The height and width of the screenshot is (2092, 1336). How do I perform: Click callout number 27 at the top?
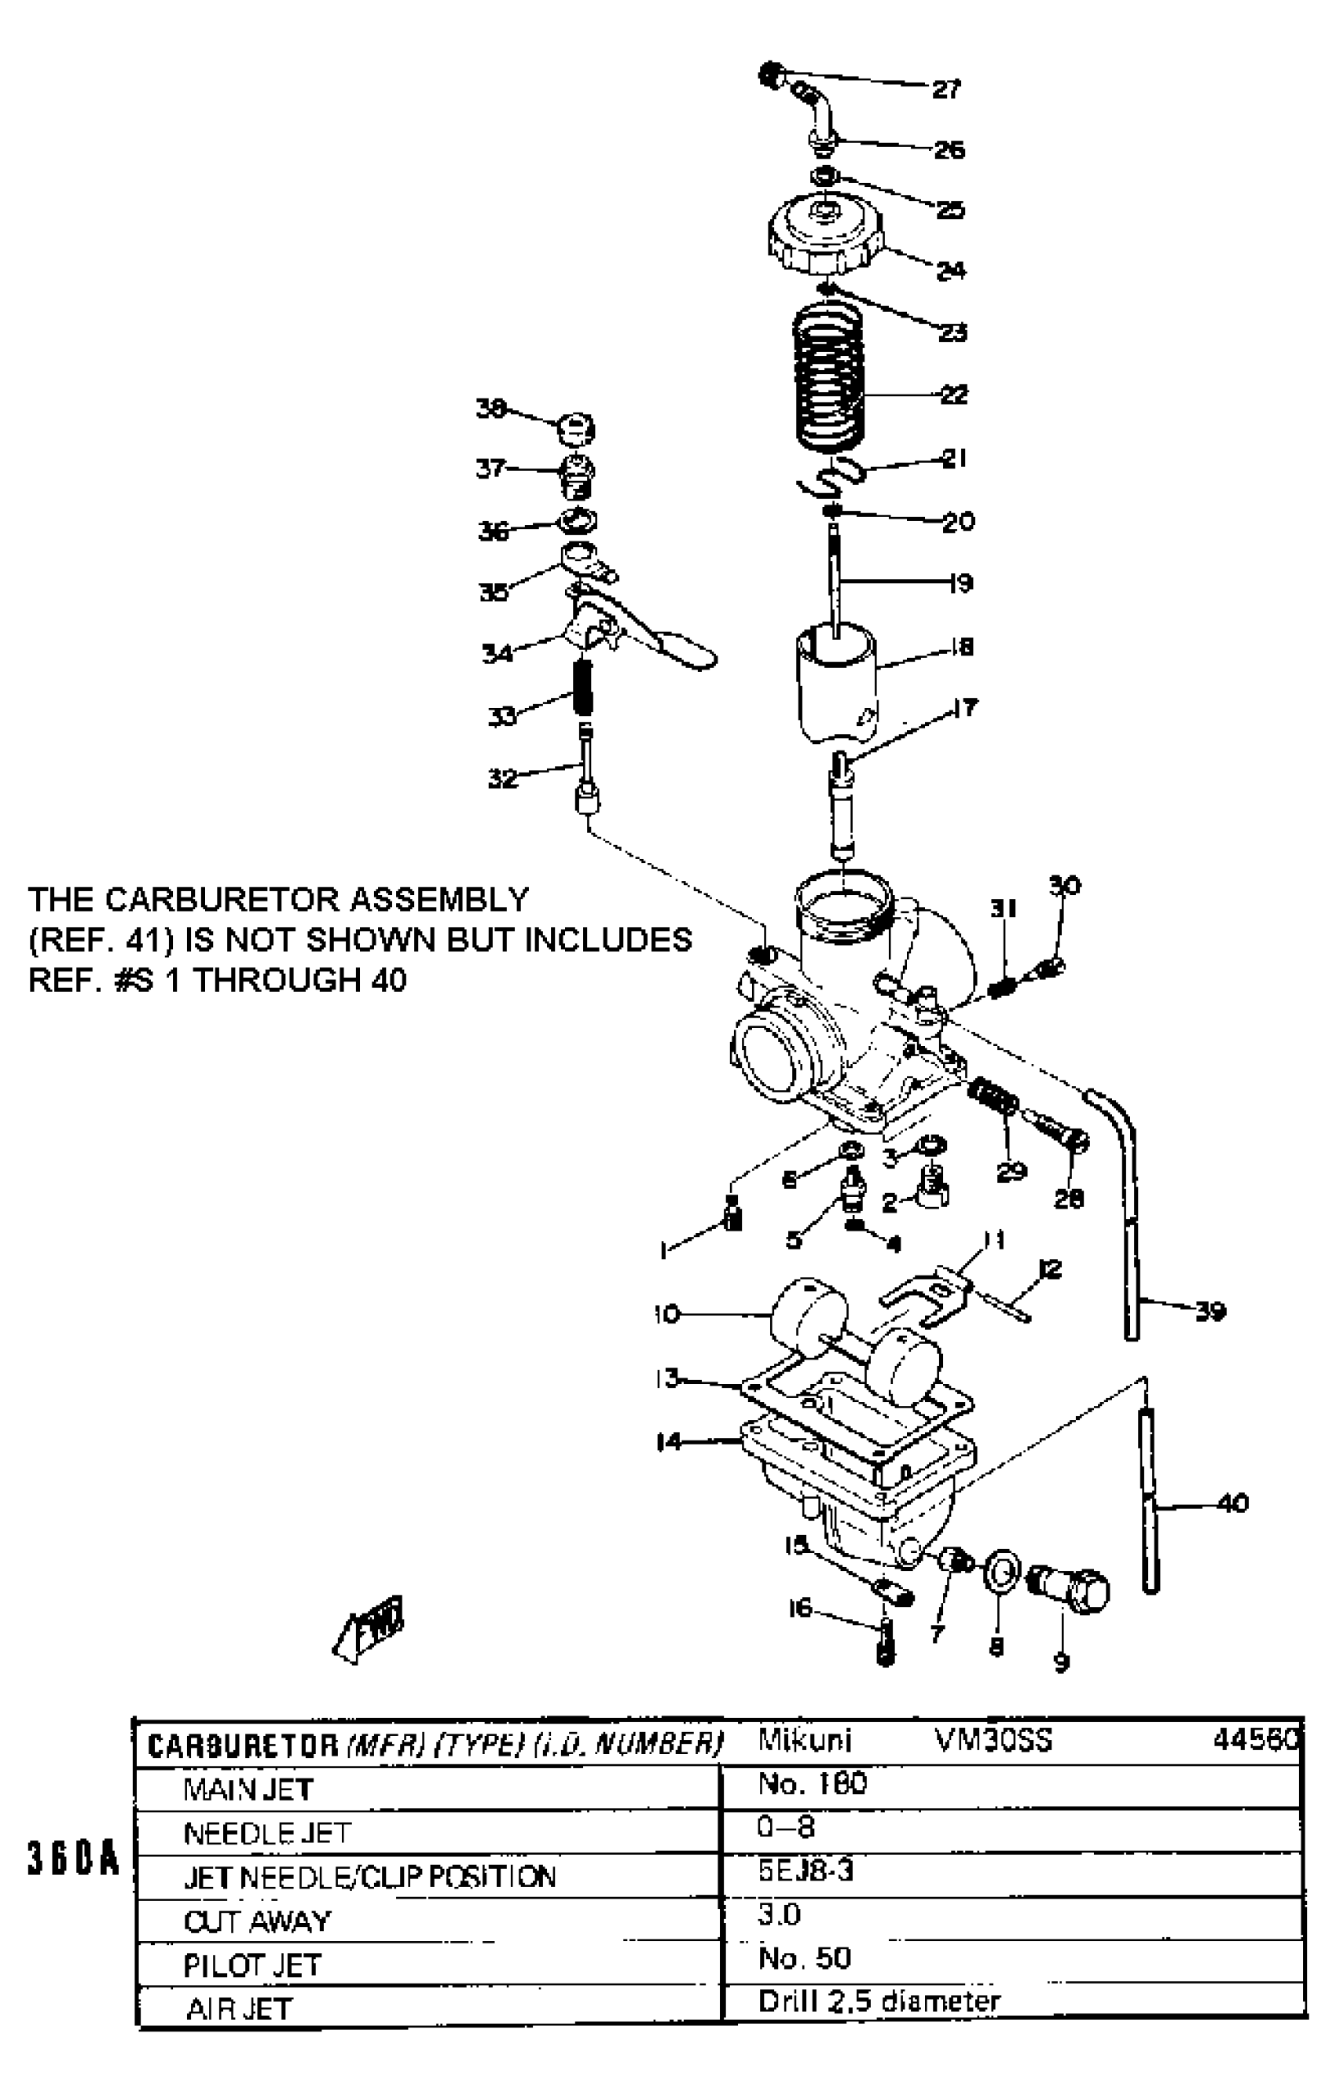tap(947, 89)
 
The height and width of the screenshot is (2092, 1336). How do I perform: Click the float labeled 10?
tap(808, 1312)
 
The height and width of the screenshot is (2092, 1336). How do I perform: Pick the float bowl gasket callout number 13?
tap(667, 1378)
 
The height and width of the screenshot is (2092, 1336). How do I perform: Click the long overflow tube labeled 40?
tap(1149, 1501)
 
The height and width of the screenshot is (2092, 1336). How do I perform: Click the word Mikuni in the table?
tap(805, 1740)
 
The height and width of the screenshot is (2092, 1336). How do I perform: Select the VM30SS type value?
tap(993, 1740)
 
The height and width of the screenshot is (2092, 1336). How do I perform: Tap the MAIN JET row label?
tap(248, 1789)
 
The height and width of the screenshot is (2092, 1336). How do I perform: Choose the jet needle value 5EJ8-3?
tap(806, 1870)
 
